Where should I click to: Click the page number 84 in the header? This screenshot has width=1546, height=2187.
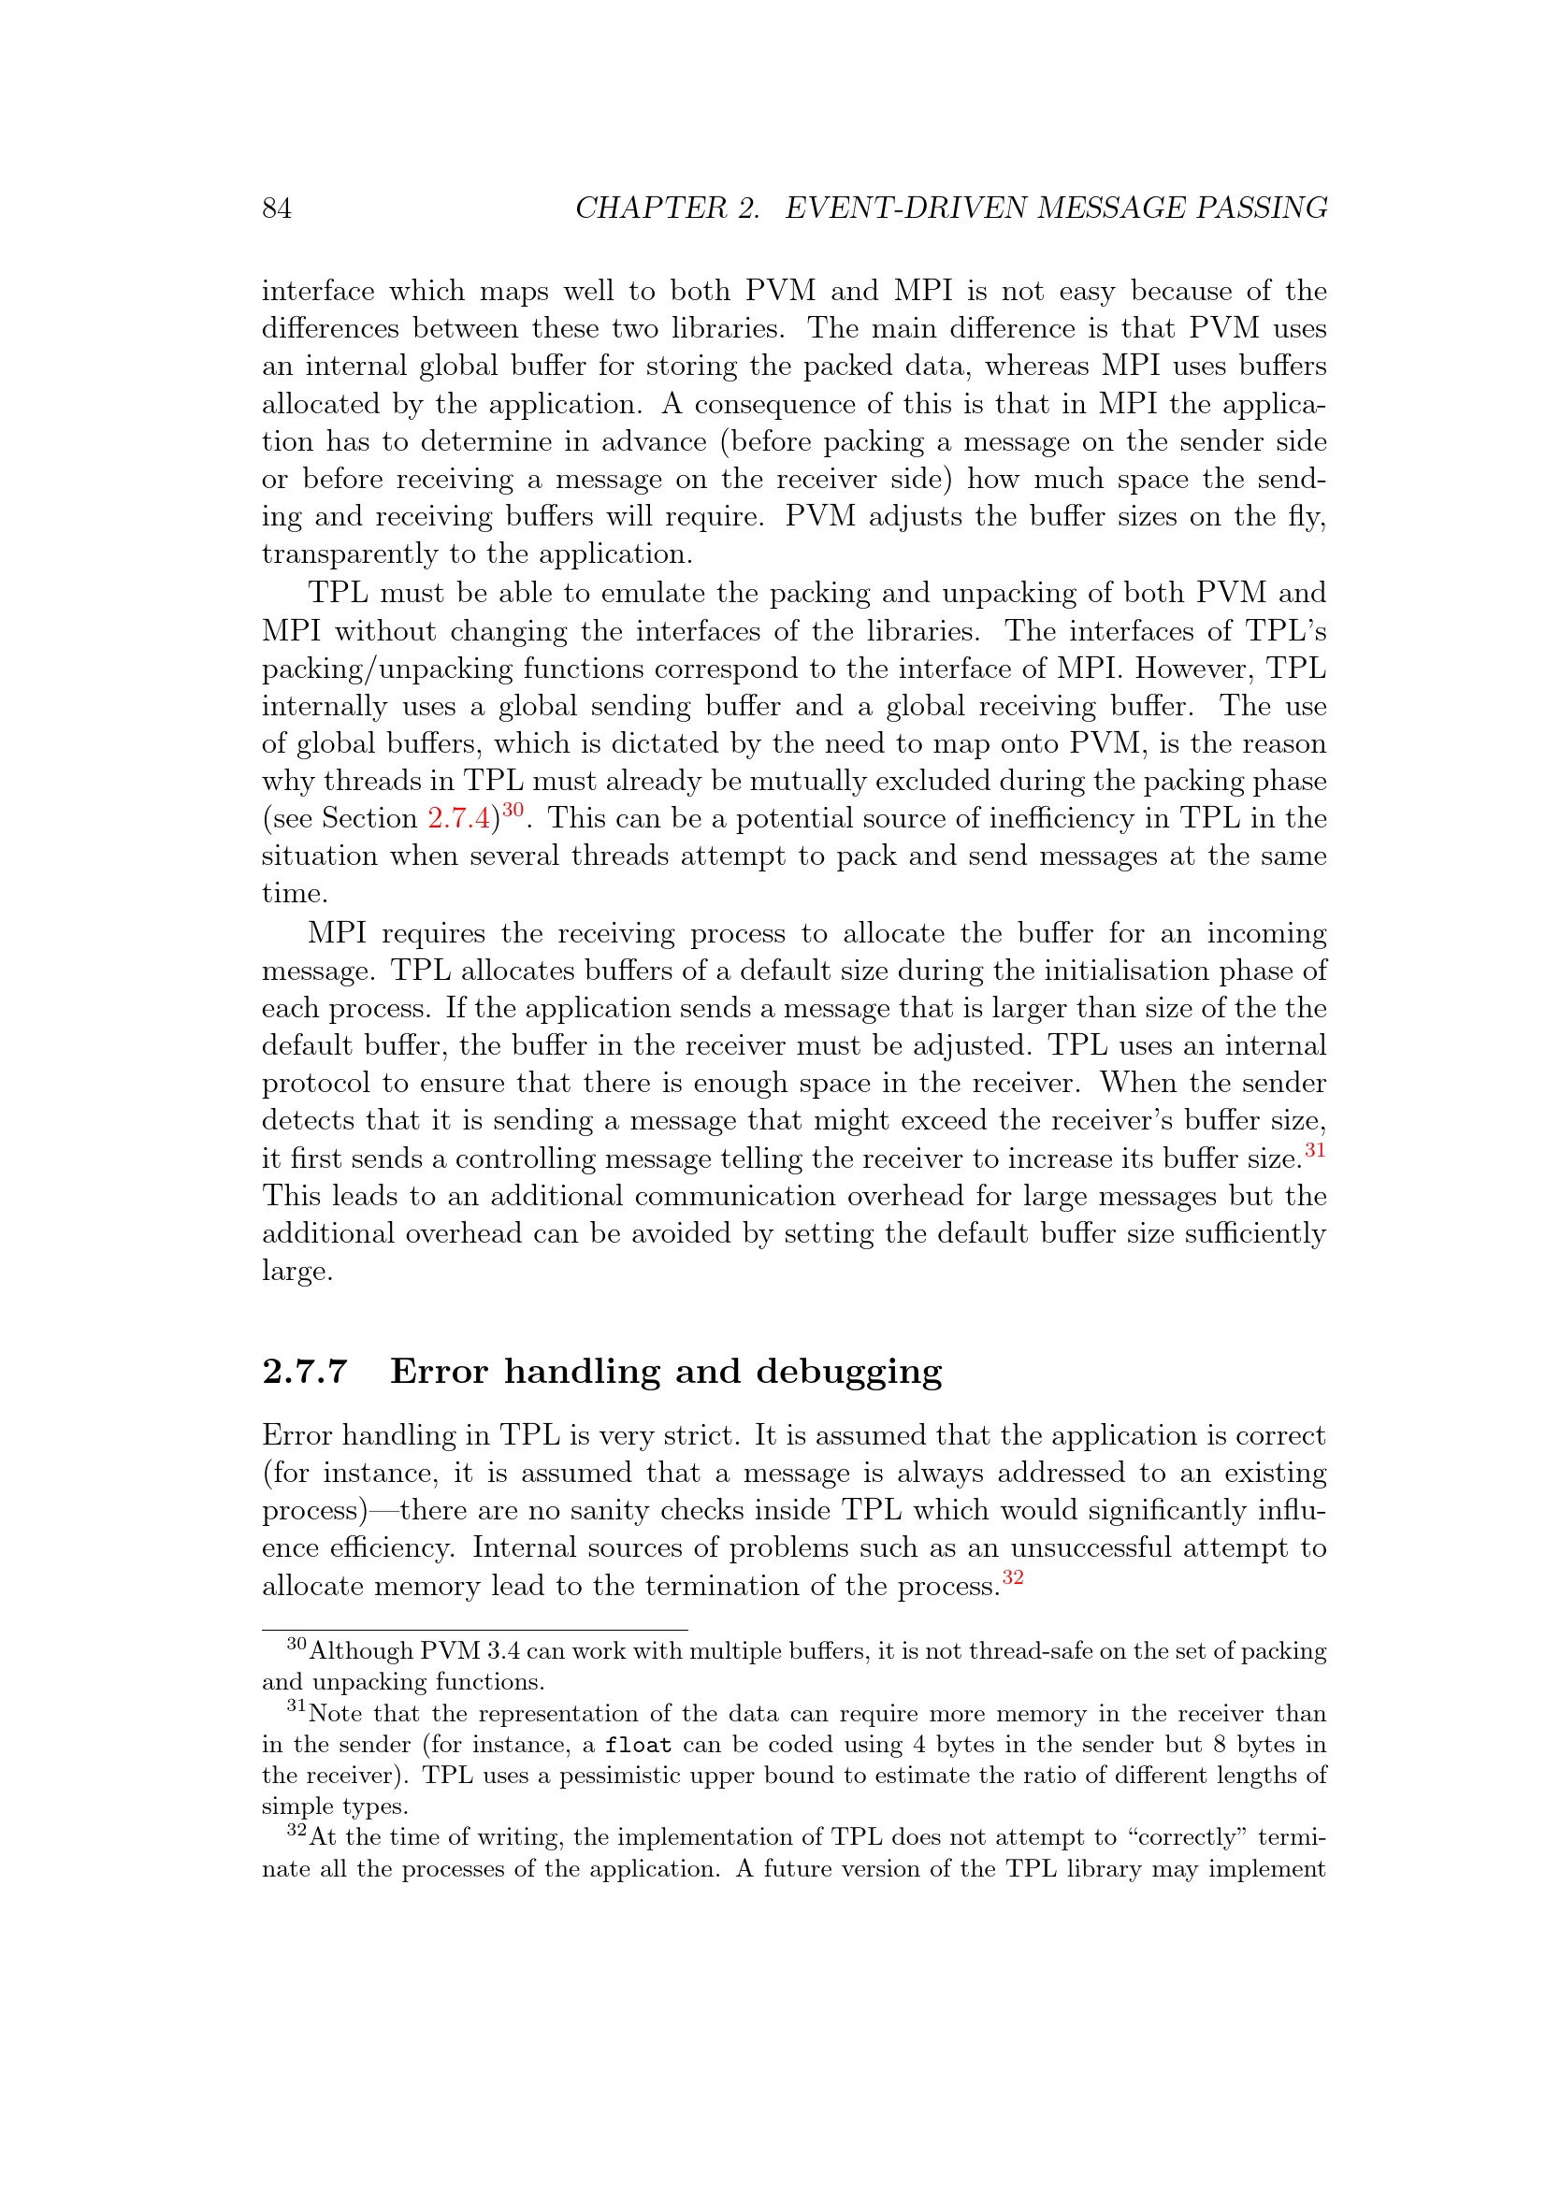click(x=276, y=208)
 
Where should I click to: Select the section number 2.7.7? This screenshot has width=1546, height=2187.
click(x=305, y=1372)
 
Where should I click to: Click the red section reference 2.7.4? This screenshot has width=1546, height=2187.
click(x=458, y=818)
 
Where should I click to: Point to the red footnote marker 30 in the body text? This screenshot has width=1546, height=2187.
click(x=513, y=811)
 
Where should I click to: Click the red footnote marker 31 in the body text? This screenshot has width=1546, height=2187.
click(x=1315, y=1151)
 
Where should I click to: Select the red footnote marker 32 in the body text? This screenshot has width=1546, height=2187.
click(x=1013, y=1577)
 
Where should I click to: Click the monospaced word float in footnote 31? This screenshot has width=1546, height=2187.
click(x=638, y=1745)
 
